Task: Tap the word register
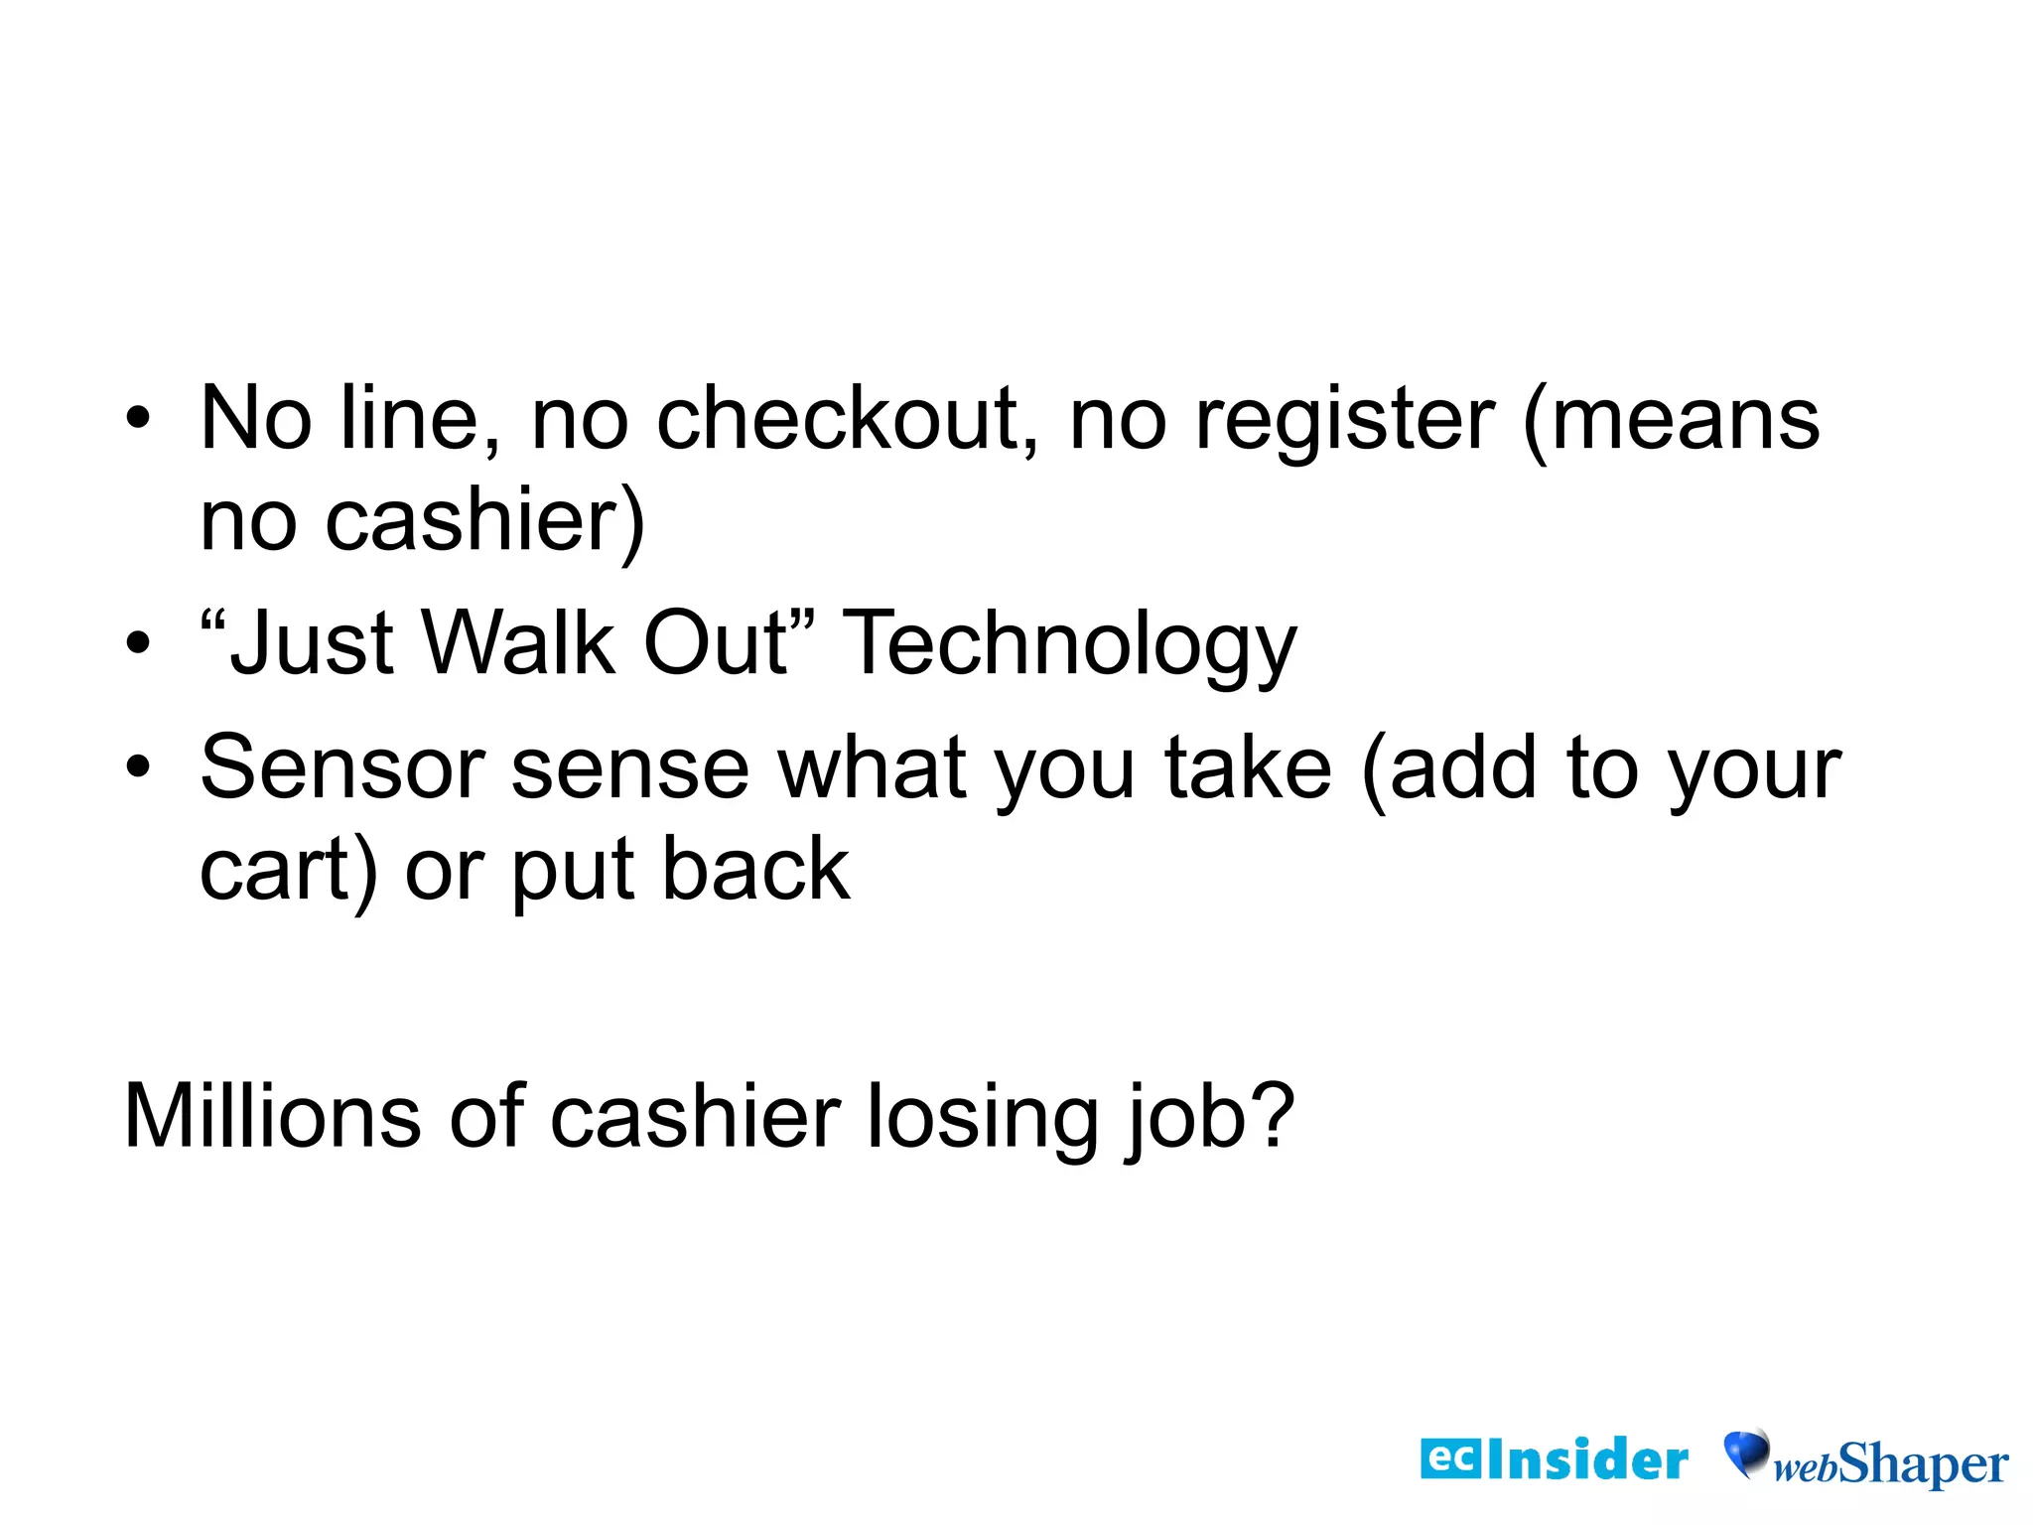[x=1344, y=420]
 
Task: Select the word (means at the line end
[x=1672, y=420]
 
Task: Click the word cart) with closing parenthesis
[x=289, y=870]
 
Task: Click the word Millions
[x=272, y=1116]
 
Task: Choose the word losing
[x=982, y=1118]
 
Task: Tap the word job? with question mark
[x=1210, y=1118]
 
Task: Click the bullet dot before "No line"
[x=138, y=420]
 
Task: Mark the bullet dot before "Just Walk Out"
[x=138, y=643]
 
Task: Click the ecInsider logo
[x=1554, y=1459]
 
